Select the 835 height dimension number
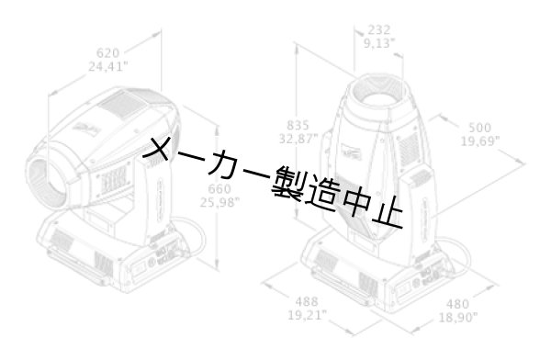[x=298, y=126]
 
